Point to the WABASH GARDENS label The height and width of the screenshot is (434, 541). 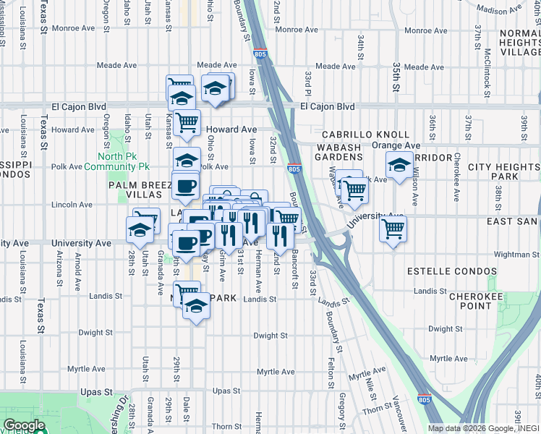338,152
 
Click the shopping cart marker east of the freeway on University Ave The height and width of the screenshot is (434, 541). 393,229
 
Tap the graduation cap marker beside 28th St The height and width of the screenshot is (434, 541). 140,230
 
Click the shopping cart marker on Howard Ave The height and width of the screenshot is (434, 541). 187,122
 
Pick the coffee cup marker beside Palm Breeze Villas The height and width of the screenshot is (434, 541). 185,186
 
